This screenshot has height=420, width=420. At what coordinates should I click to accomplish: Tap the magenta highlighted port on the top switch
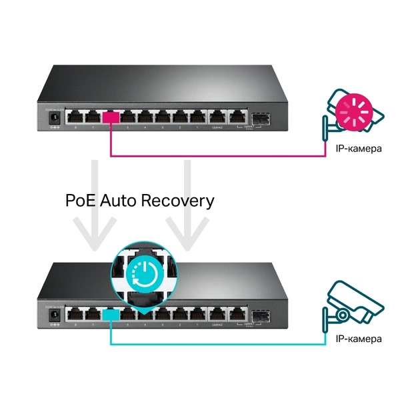click(x=111, y=117)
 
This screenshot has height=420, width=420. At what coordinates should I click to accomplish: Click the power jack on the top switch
click(x=53, y=118)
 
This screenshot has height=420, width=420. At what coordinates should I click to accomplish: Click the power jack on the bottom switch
click(x=53, y=313)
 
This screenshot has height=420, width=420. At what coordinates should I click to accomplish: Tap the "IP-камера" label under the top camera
click(x=359, y=148)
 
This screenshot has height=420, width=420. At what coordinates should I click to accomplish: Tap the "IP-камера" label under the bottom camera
click(x=359, y=339)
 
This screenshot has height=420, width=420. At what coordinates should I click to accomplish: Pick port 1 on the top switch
click(x=197, y=117)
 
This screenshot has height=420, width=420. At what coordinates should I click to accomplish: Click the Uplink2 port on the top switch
click(x=217, y=117)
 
